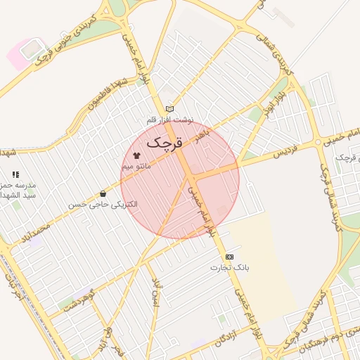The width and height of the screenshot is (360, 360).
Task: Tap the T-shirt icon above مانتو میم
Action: click(x=136, y=153)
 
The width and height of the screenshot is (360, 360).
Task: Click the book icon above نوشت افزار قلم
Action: click(x=169, y=108)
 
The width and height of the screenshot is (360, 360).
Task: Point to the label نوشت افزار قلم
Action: click(x=169, y=120)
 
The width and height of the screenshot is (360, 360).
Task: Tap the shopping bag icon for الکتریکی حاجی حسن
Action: click(x=103, y=193)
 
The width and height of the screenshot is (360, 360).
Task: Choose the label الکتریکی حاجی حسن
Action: click(x=103, y=205)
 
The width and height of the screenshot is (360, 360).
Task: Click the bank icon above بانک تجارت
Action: click(x=230, y=257)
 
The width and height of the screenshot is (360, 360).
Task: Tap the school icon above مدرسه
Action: click(x=15, y=174)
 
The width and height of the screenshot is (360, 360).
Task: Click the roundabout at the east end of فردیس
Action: click(x=319, y=141)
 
